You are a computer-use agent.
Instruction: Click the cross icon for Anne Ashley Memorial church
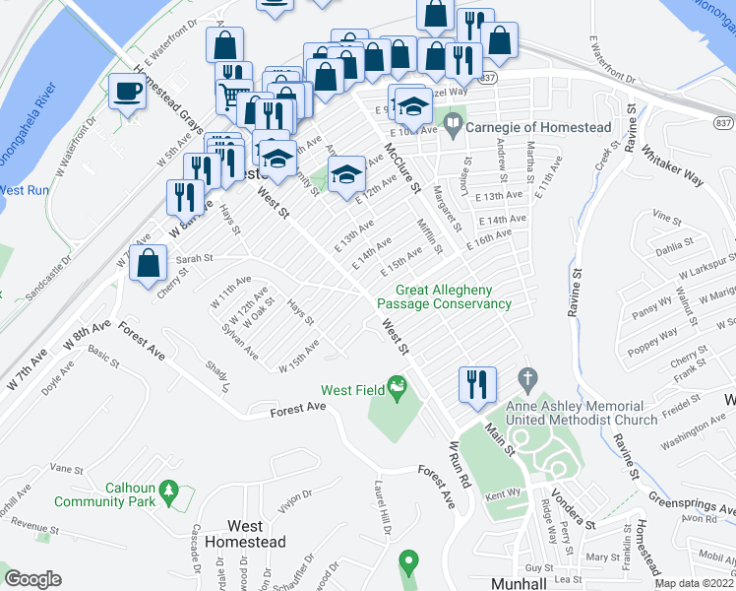coord(527,377)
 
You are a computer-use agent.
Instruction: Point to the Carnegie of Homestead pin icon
coord(453,125)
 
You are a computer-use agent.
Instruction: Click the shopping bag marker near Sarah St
coord(148,264)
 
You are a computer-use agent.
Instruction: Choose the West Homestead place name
coord(243,534)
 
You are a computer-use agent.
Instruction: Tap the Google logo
coord(32,579)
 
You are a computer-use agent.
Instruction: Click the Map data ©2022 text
coord(693,583)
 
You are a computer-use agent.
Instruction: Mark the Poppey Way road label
coord(652,332)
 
